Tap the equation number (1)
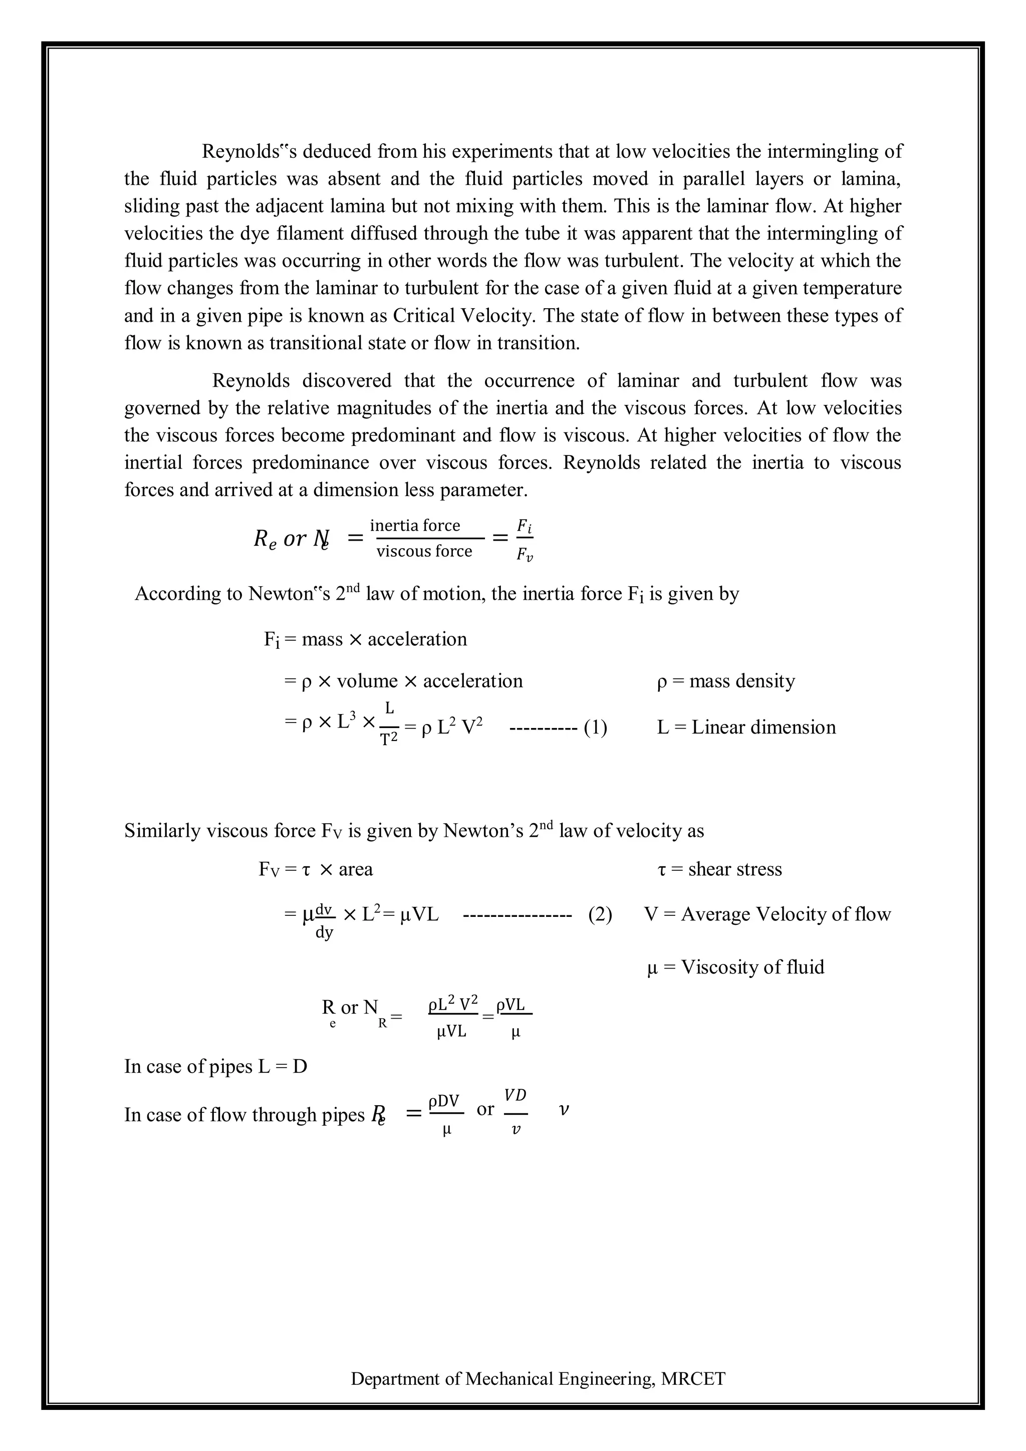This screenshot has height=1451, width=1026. [x=595, y=728]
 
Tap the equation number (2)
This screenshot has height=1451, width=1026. [x=600, y=914]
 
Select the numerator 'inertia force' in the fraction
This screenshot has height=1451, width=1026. [x=415, y=525]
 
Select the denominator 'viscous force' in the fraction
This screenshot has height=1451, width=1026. [x=424, y=551]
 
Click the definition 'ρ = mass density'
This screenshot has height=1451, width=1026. [x=726, y=681]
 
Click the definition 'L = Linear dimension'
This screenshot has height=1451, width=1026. [x=746, y=728]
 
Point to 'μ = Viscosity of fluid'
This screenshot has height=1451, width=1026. [x=736, y=967]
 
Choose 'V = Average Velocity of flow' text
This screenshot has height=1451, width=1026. [x=767, y=914]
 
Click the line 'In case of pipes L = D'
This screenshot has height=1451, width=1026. [x=215, y=1066]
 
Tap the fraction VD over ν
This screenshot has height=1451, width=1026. [x=516, y=1112]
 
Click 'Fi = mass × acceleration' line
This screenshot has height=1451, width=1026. [x=365, y=639]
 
